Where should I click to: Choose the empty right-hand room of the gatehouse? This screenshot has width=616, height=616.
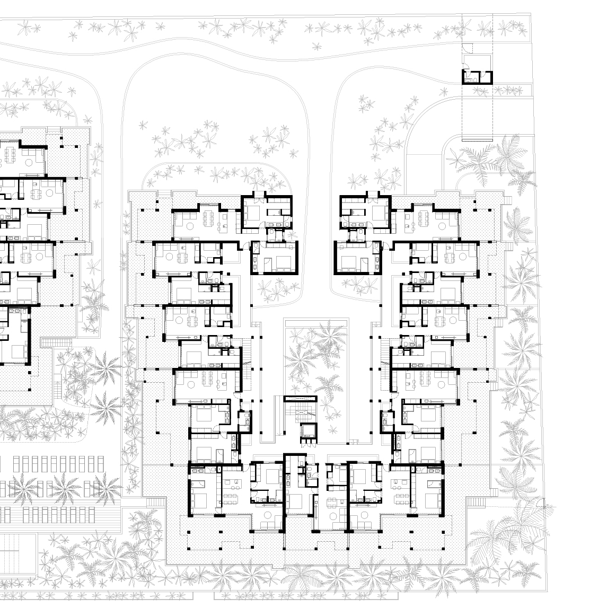[484, 77]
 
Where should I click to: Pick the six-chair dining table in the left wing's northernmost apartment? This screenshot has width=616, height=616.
[208, 217]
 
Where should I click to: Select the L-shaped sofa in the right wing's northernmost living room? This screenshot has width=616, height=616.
[445, 223]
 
